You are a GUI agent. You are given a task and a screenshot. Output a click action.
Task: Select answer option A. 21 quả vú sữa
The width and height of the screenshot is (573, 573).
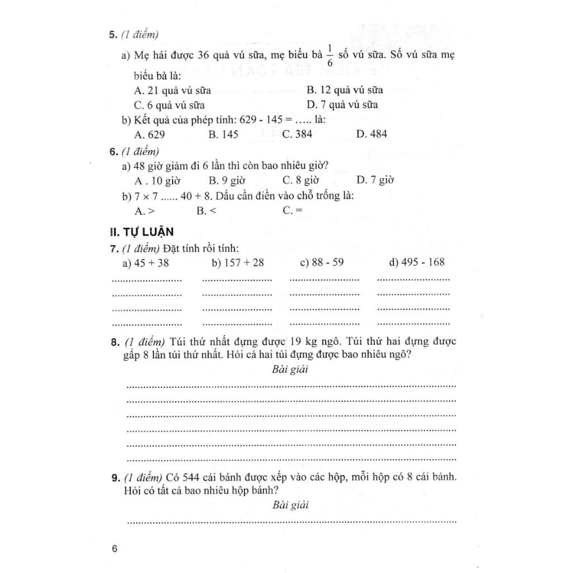click(170, 90)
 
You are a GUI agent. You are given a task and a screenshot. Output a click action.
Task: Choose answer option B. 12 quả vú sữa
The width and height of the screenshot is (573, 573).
click(344, 90)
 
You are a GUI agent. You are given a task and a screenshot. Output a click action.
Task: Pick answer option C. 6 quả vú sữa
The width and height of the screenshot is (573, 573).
click(169, 105)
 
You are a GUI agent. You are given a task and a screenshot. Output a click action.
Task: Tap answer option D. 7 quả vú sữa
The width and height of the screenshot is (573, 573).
click(342, 105)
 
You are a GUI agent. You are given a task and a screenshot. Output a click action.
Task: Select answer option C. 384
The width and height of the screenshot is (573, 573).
click(297, 134)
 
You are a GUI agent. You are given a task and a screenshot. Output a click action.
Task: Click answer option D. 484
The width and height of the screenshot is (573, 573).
click(371, 134)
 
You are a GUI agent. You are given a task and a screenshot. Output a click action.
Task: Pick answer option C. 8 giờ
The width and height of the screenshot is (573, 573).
click(300, 180)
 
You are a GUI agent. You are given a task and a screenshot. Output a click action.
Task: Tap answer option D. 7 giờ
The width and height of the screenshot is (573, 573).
click(375, 180)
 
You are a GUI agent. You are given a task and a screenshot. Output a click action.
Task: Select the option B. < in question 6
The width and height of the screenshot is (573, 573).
click(206, 211)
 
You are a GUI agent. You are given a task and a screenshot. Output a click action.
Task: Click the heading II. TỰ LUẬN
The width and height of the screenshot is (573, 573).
click(142, 232)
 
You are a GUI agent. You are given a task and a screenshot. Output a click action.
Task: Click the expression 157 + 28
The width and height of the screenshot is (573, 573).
click(238, 262)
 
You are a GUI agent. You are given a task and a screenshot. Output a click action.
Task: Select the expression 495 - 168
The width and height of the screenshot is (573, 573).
click(416, 262)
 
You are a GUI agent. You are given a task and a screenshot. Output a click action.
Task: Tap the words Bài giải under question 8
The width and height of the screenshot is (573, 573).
click(290, 369)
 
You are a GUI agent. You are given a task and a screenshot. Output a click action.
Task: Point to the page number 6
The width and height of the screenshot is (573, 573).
click(115, 548)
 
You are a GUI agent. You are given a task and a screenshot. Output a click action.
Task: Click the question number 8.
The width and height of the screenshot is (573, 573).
click(114, 341)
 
